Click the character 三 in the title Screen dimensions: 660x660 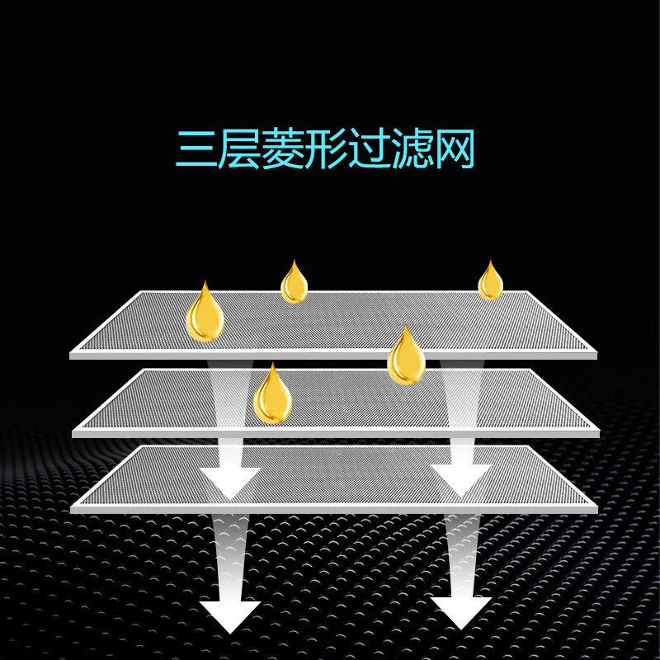pos(196,148)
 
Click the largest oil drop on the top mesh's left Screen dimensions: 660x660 pos(205,313)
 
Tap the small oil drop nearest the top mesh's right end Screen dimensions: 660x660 pos(490,282)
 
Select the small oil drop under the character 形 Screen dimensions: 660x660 pos(294,284)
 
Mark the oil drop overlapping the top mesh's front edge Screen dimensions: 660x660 pos(405,357)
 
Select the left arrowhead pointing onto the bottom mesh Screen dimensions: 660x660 pos(230,478)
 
